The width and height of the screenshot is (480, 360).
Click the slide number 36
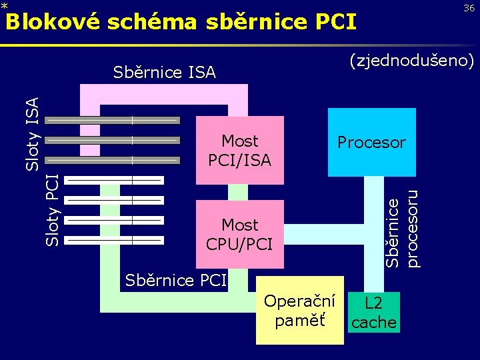[469, 7]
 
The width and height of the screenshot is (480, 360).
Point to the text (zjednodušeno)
[411, 62]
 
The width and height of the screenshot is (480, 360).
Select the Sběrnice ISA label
[164, 72]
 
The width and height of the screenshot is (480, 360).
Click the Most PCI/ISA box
[240, 150]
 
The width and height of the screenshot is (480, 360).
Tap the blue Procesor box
[371, 142]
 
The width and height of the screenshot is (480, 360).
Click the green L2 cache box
[374, 313]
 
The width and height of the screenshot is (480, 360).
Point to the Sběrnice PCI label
[176, 279]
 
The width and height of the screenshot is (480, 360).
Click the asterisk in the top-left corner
[4, 6]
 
